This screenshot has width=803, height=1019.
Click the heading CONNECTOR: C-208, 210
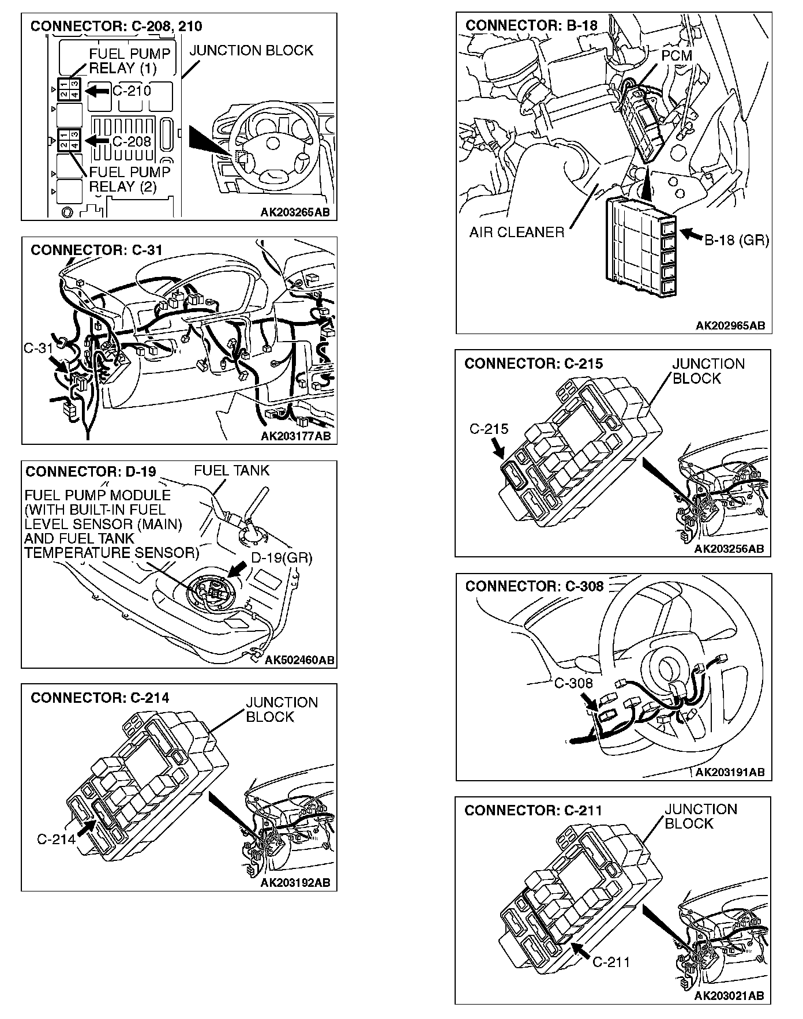point(116,26)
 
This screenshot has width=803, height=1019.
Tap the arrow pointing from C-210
point(96,91)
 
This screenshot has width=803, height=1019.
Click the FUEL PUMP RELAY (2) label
point(129,179)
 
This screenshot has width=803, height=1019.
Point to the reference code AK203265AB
point(295,212)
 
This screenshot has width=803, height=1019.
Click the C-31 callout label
point(39,348)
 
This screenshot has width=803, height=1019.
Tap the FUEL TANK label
point(231,470)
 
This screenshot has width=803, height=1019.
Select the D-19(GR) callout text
point(282,558)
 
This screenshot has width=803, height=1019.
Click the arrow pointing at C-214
point(85,828)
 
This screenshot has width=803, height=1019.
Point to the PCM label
point(676,55)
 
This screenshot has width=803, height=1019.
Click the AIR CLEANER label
point(516,233)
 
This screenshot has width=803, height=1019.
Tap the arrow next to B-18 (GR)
point(691,234)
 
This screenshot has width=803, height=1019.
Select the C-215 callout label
point(489,429)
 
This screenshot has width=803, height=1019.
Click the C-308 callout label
point(573,683)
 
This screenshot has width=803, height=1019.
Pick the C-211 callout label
point(611,961)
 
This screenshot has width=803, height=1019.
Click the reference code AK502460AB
point(299,660)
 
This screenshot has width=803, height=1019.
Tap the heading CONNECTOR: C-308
point(534,586)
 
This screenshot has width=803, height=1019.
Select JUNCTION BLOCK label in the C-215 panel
point(708,371)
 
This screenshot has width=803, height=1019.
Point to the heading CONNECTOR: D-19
point(91,471)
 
